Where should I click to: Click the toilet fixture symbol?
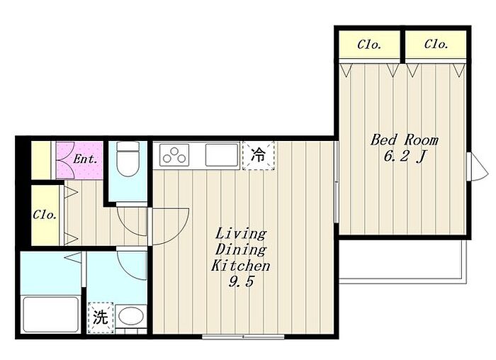tap(128, 159)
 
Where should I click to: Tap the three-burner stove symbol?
tap(174, 154)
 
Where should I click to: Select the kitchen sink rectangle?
tap(222, 154)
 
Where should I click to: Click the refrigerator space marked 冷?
tap(259, 156)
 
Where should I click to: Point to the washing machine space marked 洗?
tap(101, 317)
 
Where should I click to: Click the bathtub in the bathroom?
tap(51, 314)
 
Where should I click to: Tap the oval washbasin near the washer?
tap(131, 316)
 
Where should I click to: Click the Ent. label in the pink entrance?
tap(85, 159)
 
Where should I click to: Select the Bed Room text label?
tap(405, 140)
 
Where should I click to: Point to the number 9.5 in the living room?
tap(241, 281)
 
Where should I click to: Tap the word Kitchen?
tap(240, 266)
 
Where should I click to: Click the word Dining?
tap(240, 249)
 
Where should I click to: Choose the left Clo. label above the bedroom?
tap(369, 45)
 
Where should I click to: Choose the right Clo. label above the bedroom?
tap(436, 44)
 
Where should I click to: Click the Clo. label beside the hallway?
tap(45, 215)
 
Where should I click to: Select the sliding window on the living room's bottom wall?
tap(243, 337)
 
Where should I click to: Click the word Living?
tap(241, 234)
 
